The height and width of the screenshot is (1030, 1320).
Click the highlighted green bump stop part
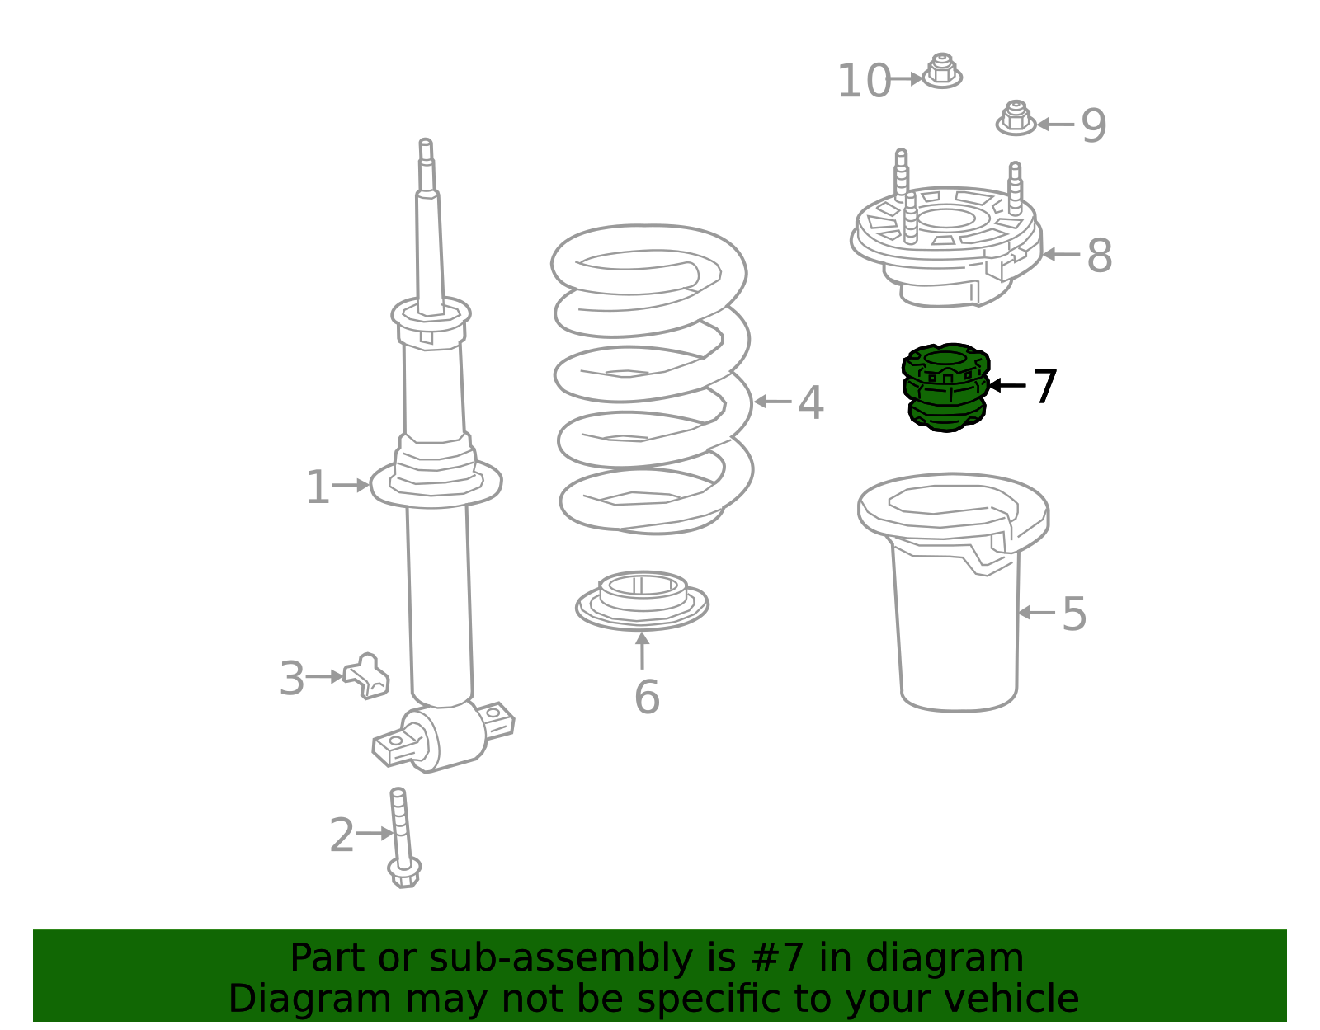click(945, 388)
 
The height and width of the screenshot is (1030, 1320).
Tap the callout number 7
click(1044, 386)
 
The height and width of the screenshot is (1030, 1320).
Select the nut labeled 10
click(941, 71)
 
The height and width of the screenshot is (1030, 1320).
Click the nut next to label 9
click(1016, 118)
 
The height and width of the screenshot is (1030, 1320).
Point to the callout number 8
click(1100, 256)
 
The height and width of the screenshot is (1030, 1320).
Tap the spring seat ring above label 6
click(642, 600)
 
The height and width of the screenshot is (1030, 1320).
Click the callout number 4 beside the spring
click(811, 402)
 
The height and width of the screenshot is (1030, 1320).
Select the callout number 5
click(1074, 614)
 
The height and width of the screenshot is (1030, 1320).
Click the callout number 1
click(318, 487)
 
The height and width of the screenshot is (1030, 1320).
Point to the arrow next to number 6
click(642, 651)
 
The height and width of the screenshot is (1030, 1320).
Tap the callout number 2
click(342, 835)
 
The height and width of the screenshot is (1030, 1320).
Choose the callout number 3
click(291, 679)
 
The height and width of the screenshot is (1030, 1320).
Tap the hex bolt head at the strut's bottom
click(404, 874)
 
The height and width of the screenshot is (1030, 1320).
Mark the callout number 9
click(1094, 125)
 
